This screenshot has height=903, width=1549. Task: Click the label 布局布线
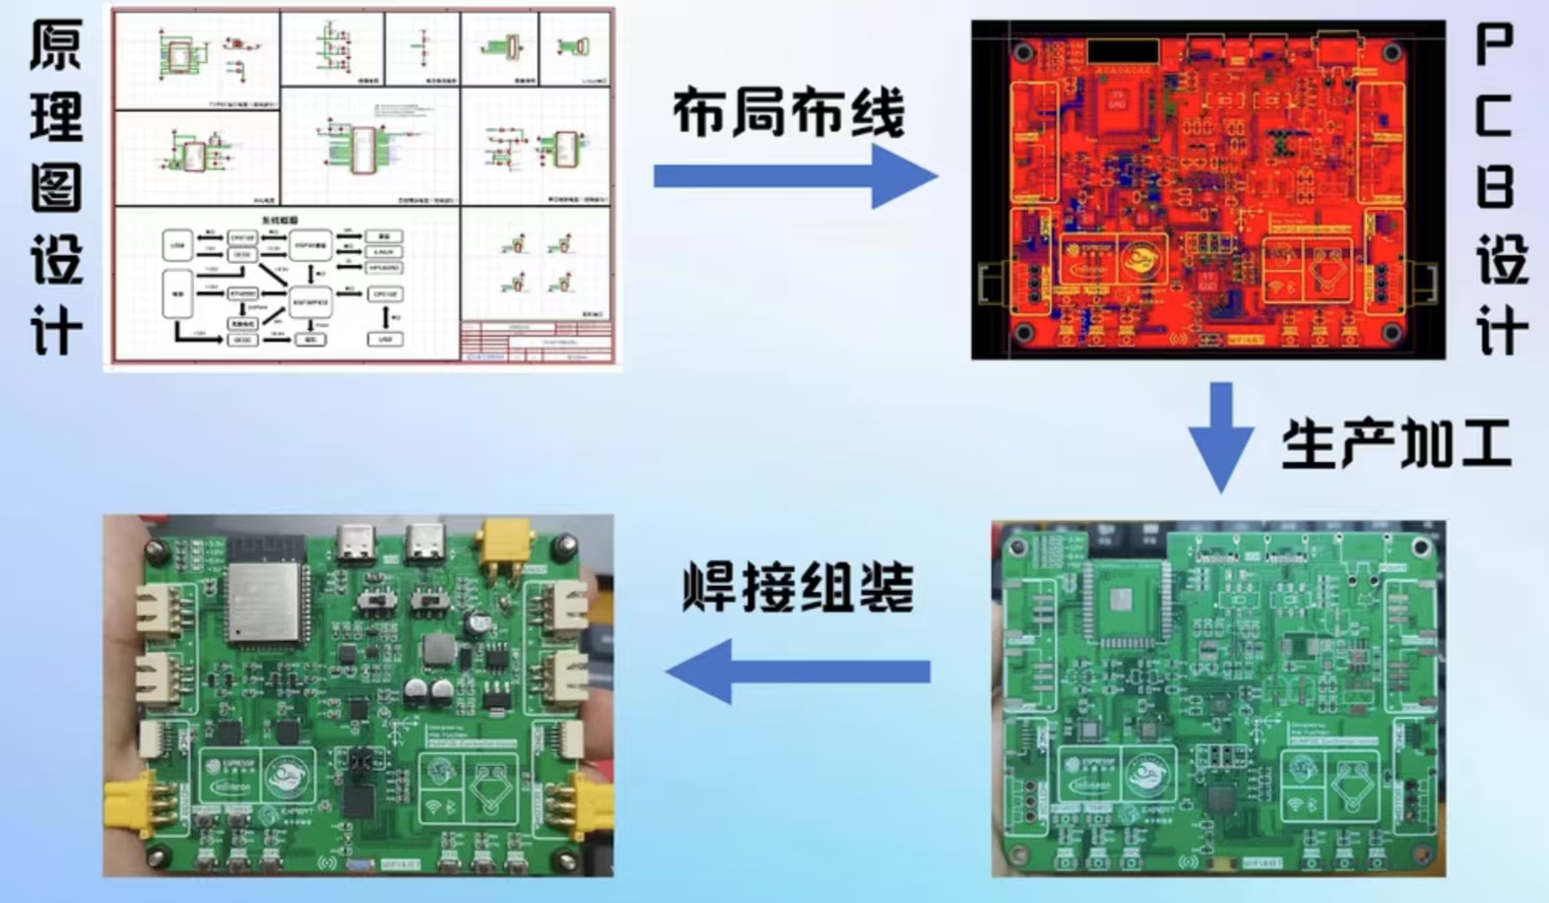point(788,112)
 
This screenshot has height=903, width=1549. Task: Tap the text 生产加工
point(1396,444)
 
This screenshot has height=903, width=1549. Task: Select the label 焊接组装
point(798,588)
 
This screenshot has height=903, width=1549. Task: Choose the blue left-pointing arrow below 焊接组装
point(798,671)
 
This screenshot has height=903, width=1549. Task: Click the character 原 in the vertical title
point(56,46)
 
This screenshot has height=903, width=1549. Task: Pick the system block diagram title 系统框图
point(280,221)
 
